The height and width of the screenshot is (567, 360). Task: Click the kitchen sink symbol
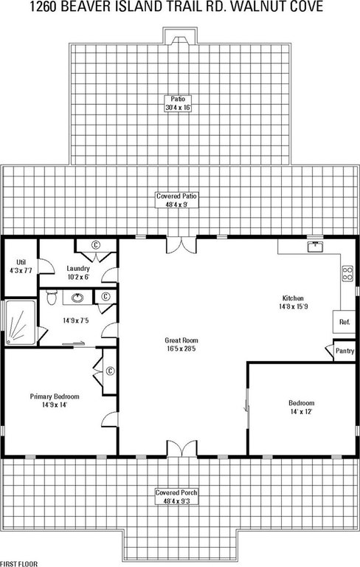tap(316, 247)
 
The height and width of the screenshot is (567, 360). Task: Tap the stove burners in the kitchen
tap(347, 273)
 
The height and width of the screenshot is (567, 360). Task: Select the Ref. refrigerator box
tap(344, 321)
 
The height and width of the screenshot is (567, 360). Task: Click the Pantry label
tap(345, 351)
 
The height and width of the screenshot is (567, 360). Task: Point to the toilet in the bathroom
tap(52, 297)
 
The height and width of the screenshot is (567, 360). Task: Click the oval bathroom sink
tap(77, 298)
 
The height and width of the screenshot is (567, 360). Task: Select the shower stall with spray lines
tap(21, 323)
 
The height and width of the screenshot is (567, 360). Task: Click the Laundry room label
tap(78, 269)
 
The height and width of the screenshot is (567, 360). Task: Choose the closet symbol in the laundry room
tap(96, 245)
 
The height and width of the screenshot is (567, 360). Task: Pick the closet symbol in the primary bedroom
tap(110, 371)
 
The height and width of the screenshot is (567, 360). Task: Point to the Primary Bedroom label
tap(55, 396)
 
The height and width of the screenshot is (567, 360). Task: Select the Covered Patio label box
tap(177, 200)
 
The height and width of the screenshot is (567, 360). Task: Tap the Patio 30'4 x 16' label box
tap(178, 103)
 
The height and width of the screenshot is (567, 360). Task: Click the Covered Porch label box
tap(177, 497)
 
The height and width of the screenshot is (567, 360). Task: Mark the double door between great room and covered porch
tap(181, 448)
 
